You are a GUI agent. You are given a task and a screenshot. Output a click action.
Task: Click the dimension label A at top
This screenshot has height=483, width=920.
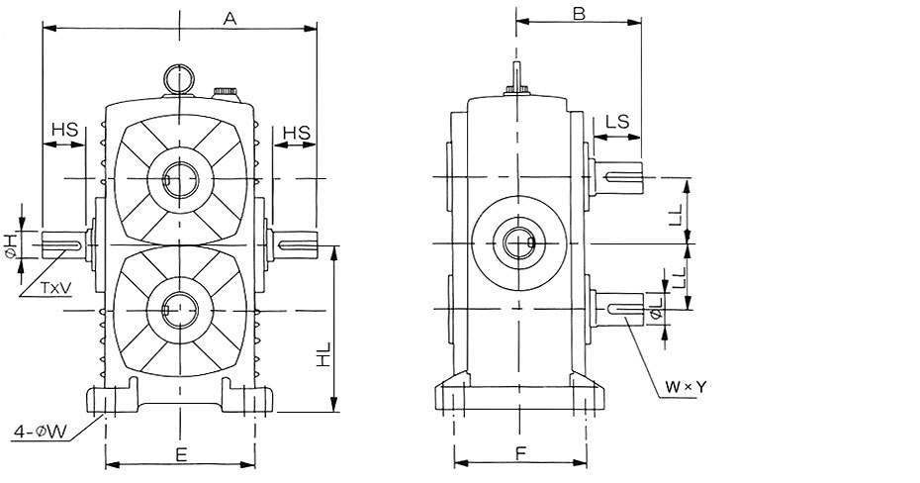pyautogui.click(x=230, y=18)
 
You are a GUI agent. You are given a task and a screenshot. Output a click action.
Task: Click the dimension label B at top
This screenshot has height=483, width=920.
pyautogui.click(x=580, y=14)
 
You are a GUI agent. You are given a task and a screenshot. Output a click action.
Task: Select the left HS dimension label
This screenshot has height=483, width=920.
pyautogui.click(x=64, y=130)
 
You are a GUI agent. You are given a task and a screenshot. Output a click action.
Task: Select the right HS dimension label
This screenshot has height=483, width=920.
pyautogui.click(x=296, y=131)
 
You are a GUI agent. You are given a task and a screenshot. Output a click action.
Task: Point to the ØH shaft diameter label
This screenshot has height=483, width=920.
pyautogui.click(x=10, y=243)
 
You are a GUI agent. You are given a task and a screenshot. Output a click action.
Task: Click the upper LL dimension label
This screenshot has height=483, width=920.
pyautogui.click(x=676, y=212)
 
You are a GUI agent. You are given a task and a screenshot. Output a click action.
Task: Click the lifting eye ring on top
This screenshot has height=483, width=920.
pyautogui.click(x=178, y=77)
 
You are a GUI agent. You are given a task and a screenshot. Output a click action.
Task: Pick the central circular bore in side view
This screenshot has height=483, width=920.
pyautogui.click(x=517, y=242)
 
